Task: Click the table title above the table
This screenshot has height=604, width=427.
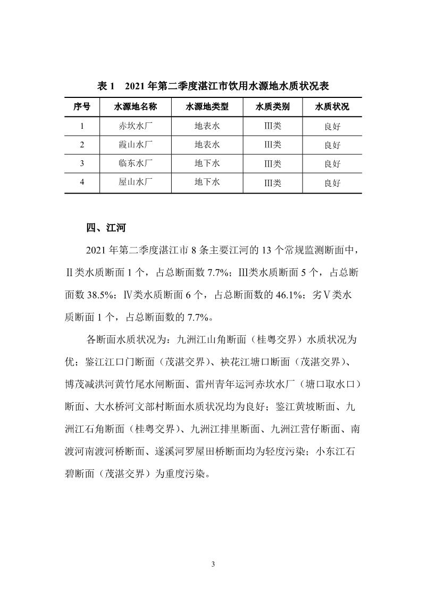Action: coord(213,86)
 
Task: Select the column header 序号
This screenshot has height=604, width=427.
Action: coord(82,107)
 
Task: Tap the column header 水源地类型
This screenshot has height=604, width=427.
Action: coord(207,107)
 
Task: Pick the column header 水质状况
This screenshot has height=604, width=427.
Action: coord(332,107)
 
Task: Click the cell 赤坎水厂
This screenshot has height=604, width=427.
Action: coord(136,127)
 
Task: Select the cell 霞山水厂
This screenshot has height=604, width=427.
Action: coord(136,145)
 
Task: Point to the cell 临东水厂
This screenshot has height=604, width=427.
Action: coord(136,163)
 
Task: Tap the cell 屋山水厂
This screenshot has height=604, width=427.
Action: coord(136,182)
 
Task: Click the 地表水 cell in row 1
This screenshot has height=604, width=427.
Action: coord(207,127)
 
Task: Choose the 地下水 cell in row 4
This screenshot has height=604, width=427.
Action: coord(207,182)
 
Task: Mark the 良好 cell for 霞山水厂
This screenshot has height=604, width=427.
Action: coord(332,145)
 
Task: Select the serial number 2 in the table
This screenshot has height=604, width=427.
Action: coord(82,145)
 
